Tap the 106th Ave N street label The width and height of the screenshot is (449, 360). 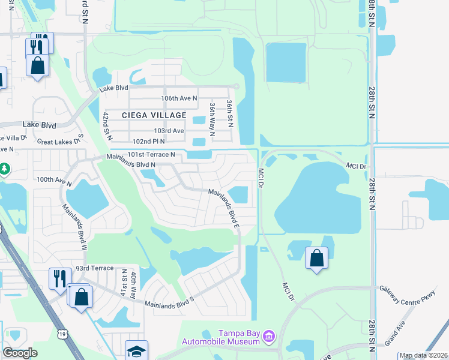(x=179, y=98)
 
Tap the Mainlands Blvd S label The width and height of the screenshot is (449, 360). (x=170, y=304)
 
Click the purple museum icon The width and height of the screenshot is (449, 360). (x=270, y=337)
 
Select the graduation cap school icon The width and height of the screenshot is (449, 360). (x=136, y=351)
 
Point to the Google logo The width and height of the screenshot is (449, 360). (x=20, y=353)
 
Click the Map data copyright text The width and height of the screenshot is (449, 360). (x=423, y=355)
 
